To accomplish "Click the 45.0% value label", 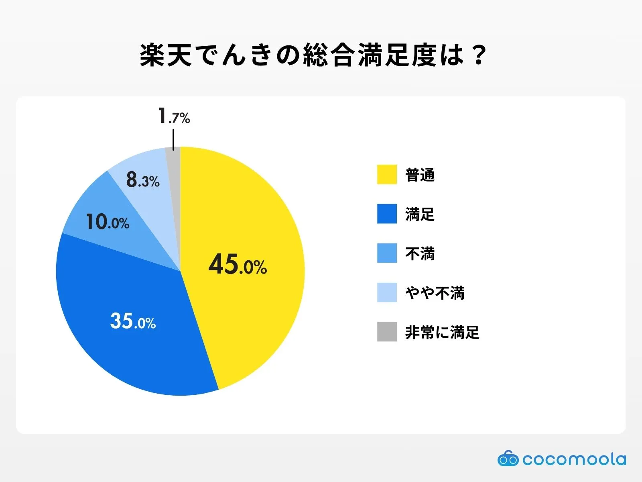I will click(x=238, y=265).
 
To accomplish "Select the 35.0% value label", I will click(x=133, y=321).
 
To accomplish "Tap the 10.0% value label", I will click(x=108, y=222).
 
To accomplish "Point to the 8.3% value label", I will click(x=143, y=180).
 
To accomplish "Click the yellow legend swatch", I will click(x=387, y=175).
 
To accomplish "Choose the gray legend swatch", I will click(x=387, y=332).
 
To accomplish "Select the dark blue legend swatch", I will click(x=387, y=214).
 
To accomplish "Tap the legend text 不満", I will click(x=420, y=253).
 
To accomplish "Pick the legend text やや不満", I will click(x=435, y=293).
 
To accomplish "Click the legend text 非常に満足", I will click(x=442, y=332).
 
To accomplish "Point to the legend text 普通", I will click(x=420, y=175).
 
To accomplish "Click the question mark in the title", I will click(x=479, y=55).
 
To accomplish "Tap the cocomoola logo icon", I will click(x=508, y=459).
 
